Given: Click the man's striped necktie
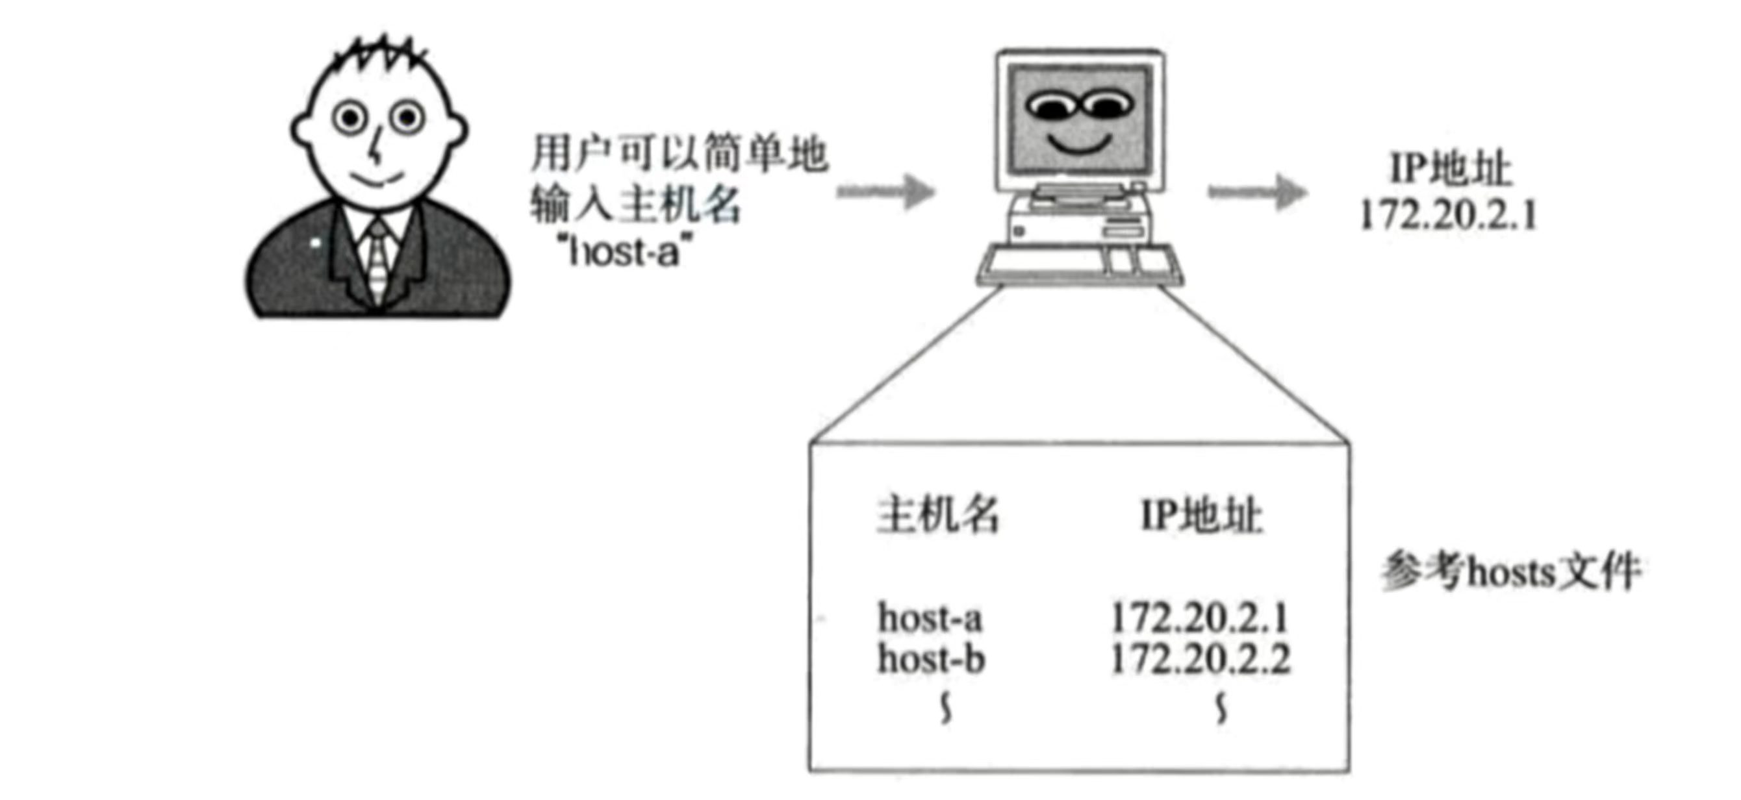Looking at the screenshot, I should pos(378,260).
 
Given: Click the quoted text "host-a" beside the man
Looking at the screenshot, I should pos(624,253).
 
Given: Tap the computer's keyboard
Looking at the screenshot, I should pos(1078,265).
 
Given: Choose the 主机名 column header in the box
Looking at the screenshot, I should pos(938,515).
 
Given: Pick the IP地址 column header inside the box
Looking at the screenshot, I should pos(1202,516).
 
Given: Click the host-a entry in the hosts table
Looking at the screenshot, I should pos(930,618).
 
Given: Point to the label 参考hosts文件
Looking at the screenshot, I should pos(1511,571).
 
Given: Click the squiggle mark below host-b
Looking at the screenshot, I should pos(947,710).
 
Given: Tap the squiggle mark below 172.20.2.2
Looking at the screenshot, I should pos(1221,710).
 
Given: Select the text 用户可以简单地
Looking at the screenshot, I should pos(679,154).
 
